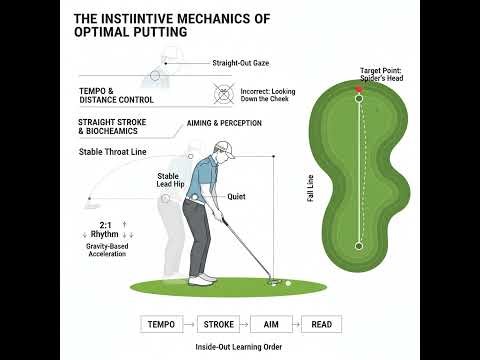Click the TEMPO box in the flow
click(x=161, y=324)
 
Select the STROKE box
click(x=218, y=324)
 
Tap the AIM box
click(x=270, y=324)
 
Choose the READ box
click(x=322, y=324)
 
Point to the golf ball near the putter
click(x=288, y=283)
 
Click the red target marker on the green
click(x=359, y=90)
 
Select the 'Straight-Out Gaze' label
click(x=240, y=63)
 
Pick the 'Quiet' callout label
click(x=236, y=197)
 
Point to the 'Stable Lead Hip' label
click(x=175, y=181)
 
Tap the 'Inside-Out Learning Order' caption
click(x=240, y=346)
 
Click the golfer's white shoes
click(x=203, y=279)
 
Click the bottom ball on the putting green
click(x=359, y=245)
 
